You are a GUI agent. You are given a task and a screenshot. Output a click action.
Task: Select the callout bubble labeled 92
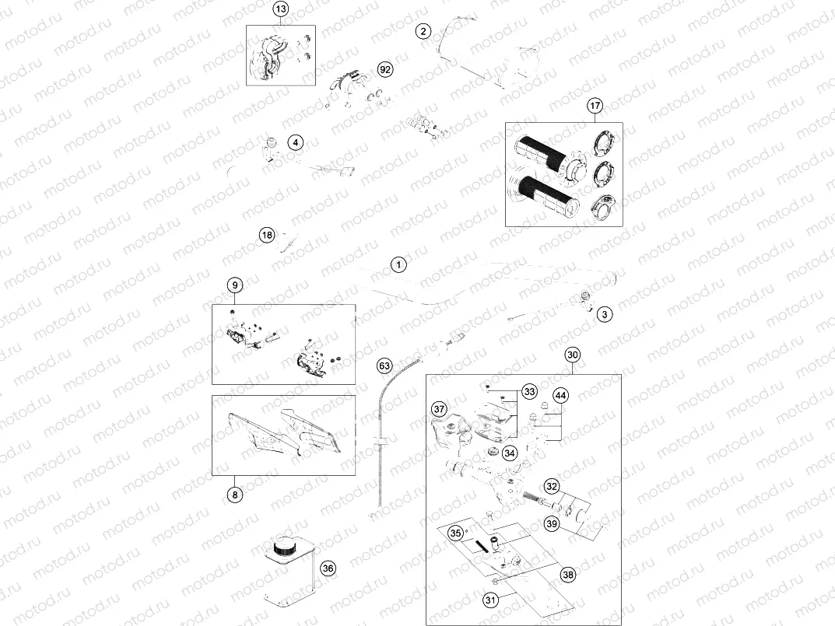tap(384, 69)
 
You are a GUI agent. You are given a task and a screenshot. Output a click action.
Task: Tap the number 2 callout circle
tap(423, 32)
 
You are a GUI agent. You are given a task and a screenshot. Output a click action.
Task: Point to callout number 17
tap(595, 105)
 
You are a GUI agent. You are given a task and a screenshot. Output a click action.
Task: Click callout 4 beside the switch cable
tap(295, 142)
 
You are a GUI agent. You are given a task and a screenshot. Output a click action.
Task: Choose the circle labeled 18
tap(267, 235)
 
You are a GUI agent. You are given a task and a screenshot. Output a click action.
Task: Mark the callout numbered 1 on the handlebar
tap(398, 264)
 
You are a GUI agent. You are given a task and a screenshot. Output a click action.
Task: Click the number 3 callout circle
tap(605, 313)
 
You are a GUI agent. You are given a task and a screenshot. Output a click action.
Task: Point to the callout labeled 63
tap(384, 365)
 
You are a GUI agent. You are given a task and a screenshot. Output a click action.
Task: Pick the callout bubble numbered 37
tap(440, 410)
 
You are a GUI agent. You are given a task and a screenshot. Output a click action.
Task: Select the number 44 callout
tap(560, 397)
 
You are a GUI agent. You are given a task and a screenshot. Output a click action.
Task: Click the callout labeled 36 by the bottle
tap(328, 568)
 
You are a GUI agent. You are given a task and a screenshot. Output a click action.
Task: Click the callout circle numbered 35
tap(456, 533)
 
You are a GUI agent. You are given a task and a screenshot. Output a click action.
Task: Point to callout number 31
tap(491, 600)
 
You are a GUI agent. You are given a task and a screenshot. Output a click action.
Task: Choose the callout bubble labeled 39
tap(551, 523)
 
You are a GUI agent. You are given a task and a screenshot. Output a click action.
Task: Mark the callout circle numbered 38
tap(568, 575)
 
